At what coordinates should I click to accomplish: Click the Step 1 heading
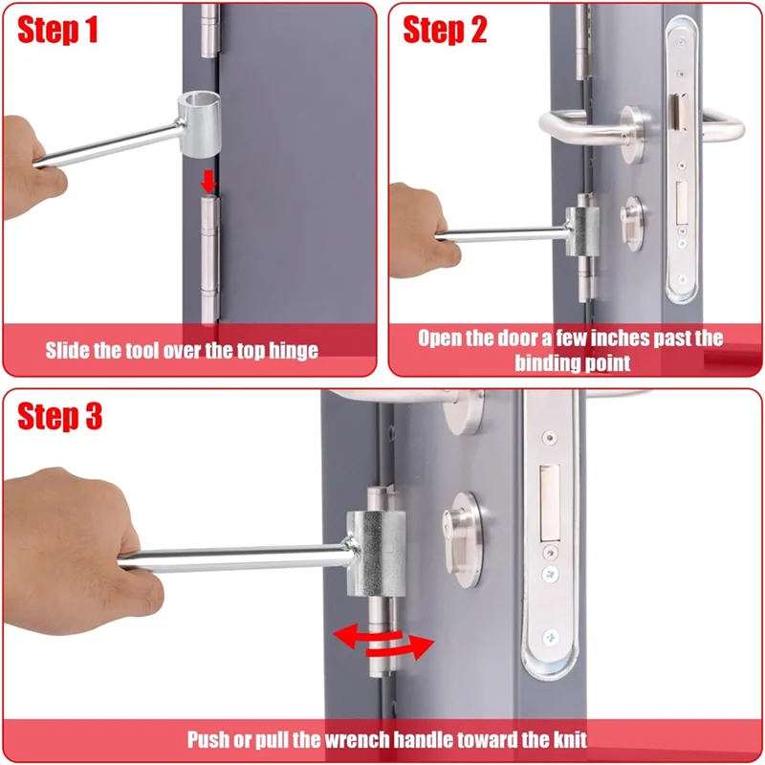click(57, 31)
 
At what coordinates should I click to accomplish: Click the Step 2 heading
click(445, 31)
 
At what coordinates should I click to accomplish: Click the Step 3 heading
click(59, 416)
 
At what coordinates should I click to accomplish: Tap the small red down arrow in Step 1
click(208, 182)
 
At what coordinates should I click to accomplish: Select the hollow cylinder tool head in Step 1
click(199, 124)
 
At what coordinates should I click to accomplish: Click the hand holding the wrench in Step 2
click(421, 230)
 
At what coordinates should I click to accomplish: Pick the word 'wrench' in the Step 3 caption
click(357, 739)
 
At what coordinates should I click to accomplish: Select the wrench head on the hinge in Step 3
click(376, 554)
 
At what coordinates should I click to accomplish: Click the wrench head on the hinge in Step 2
click(582, 231)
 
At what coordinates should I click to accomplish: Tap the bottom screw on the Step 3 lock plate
click(551, 637)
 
